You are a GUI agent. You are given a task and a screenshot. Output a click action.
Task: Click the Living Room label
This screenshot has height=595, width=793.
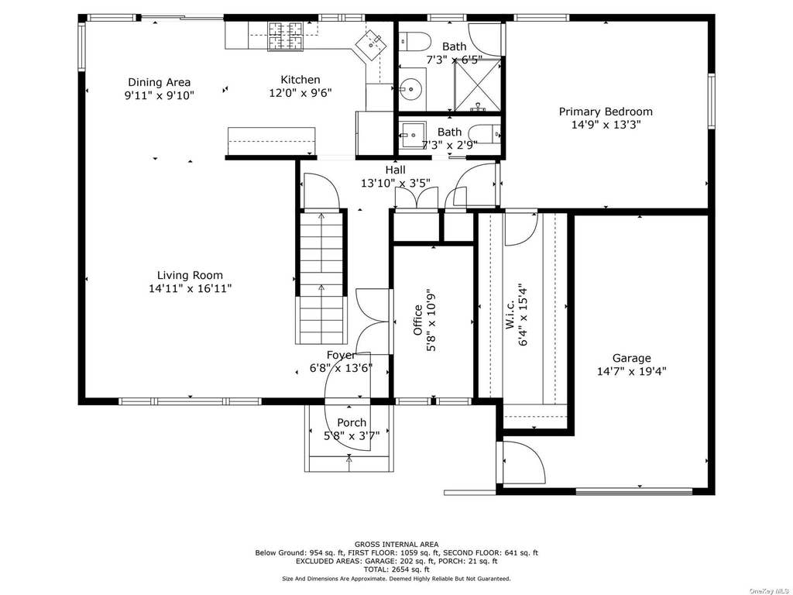coord(190,275)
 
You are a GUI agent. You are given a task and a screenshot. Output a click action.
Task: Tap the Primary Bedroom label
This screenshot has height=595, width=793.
coord(606,112)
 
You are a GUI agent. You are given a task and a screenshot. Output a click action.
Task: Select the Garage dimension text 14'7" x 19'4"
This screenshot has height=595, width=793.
coord(632,371)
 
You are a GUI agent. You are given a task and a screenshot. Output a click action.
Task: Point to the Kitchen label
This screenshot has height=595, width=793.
coord(300,80)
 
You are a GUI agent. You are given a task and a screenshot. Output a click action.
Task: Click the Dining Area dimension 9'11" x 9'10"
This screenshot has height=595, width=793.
coord(160,95)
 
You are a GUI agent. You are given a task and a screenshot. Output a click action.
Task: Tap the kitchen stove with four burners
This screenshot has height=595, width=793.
coord(285,36)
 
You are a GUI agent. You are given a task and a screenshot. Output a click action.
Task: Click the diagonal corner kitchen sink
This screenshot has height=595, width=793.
coord(372,43)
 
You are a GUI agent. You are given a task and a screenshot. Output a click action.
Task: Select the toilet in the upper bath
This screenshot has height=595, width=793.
coord(414,41)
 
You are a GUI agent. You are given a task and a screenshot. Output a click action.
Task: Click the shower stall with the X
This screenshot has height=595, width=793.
coord(477,85)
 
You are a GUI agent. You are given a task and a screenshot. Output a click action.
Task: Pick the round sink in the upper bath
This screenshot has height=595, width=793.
coord(410,90)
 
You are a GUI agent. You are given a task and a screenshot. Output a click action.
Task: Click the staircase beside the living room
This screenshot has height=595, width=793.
coord(321,277)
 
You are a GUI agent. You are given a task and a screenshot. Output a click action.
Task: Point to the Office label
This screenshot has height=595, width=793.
coord(417,320)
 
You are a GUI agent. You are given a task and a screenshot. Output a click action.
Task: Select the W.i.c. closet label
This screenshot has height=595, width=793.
coord(510,315)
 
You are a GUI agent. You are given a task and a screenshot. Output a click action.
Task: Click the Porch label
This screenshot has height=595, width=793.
coord(352,422)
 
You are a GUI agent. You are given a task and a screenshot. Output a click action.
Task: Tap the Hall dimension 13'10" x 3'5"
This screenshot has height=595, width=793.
coord(395,183)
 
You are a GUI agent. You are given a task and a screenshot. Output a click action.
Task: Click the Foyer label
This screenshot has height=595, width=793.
coord(341,355)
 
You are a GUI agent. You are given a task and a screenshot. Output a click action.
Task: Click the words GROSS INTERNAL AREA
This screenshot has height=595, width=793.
coord(396,545)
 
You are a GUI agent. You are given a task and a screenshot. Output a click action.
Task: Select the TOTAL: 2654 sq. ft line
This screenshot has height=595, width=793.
coord(396,569)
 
